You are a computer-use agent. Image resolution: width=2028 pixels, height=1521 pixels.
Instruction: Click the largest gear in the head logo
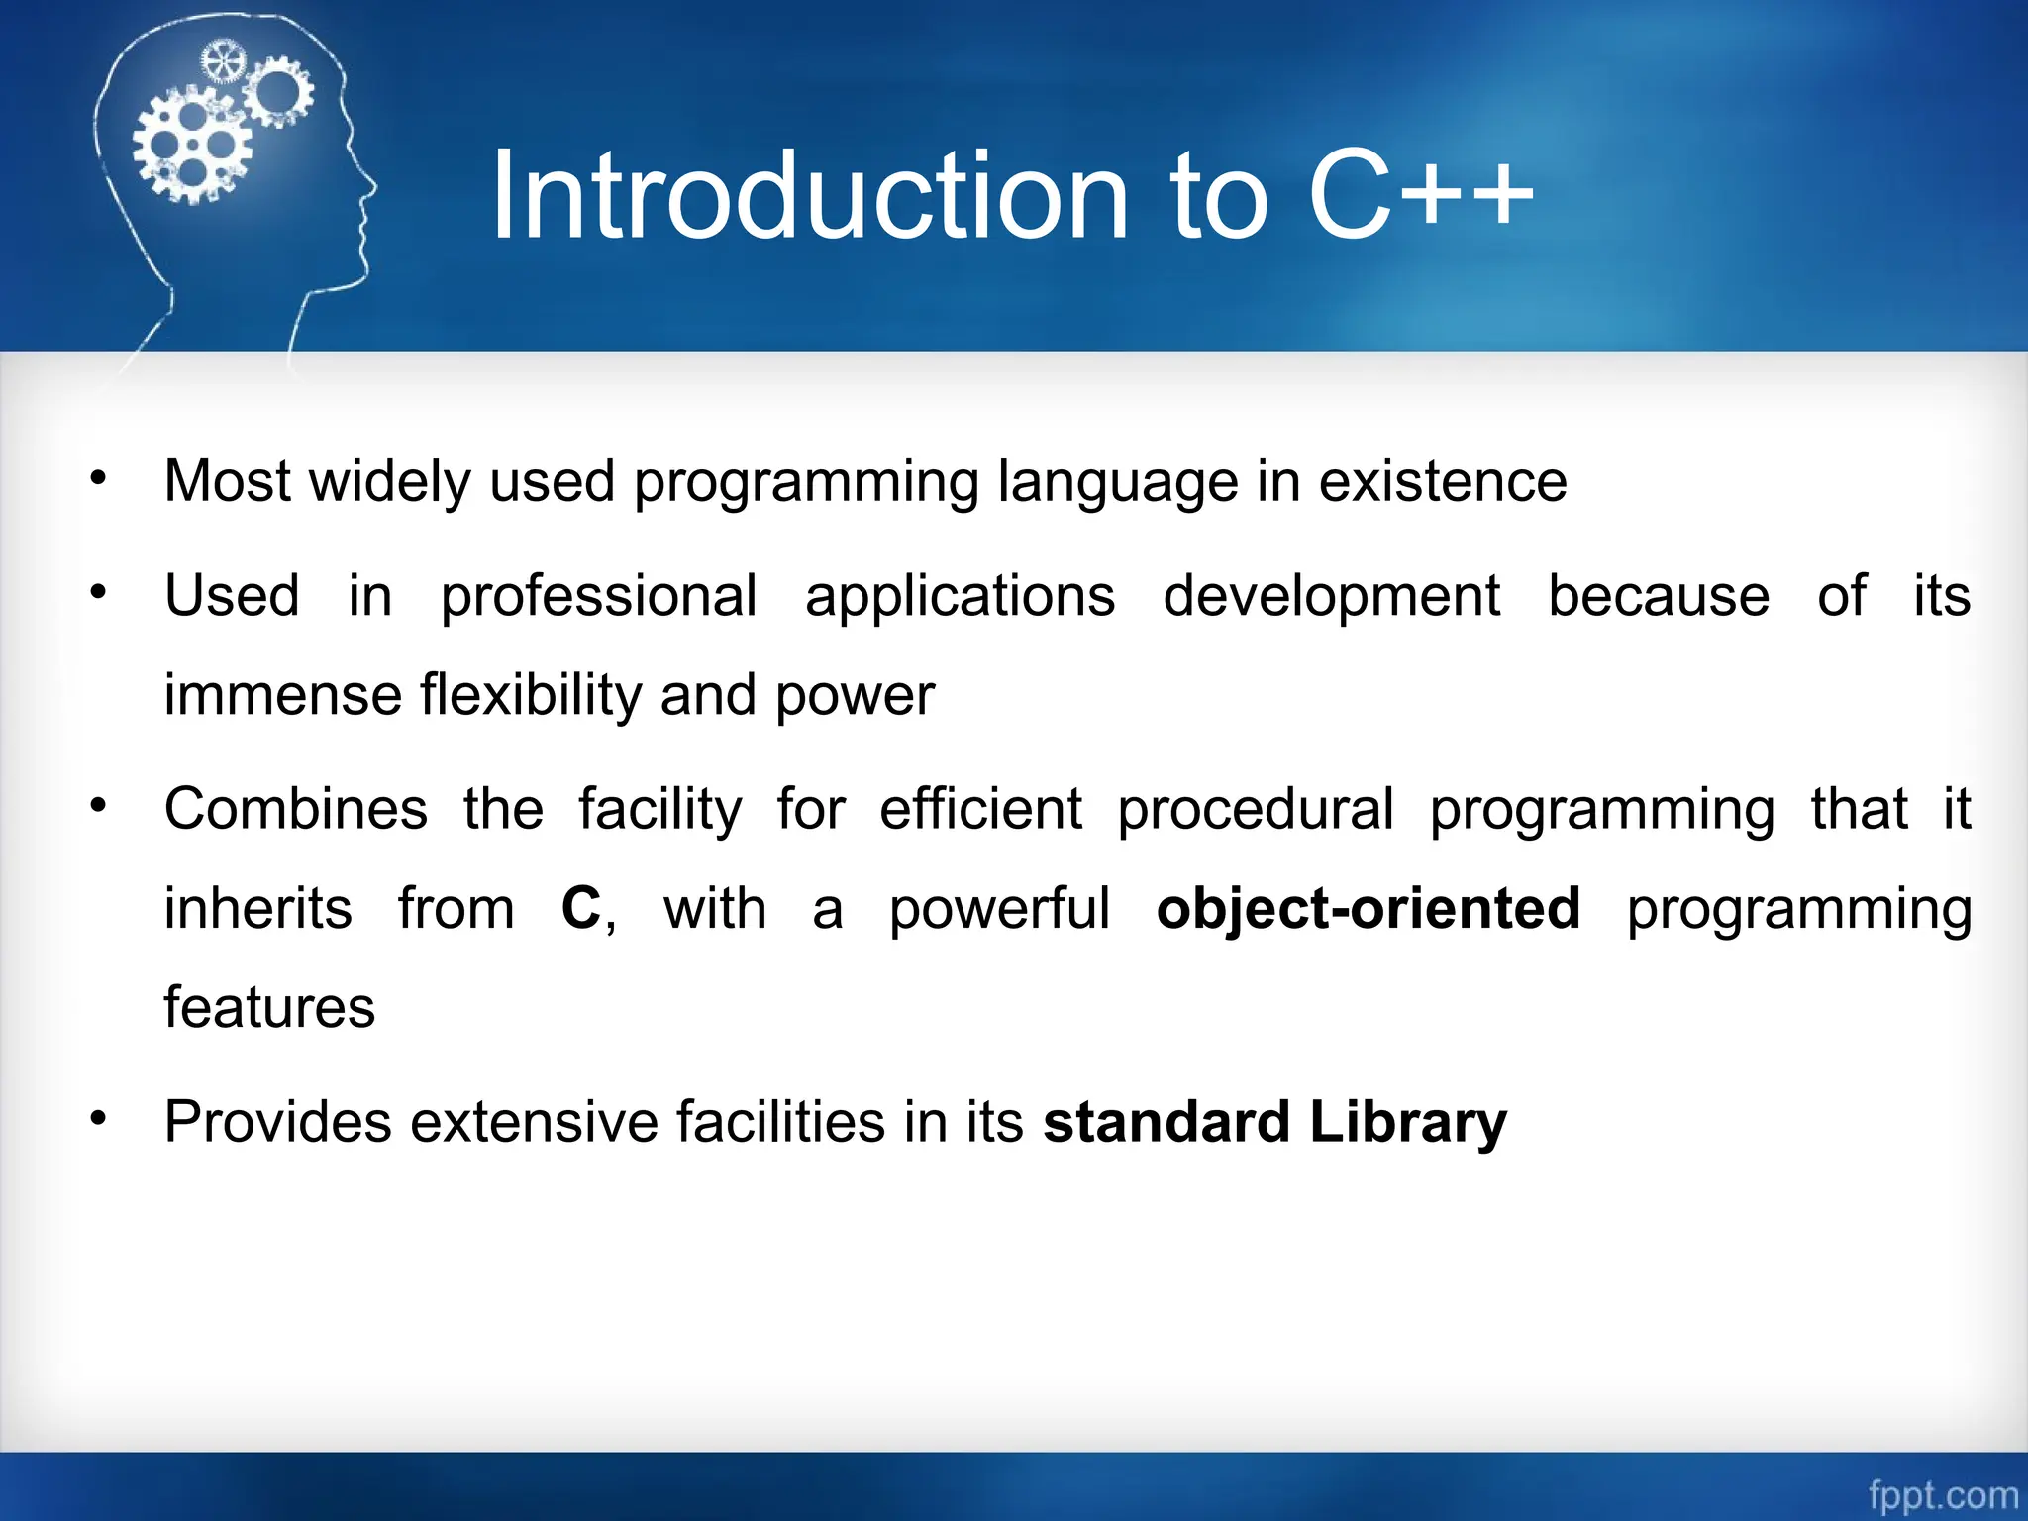pyautogui.click(x=192, y=146)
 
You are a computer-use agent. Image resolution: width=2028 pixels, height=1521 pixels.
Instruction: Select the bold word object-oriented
pyautogui.click(x=1368, y=909)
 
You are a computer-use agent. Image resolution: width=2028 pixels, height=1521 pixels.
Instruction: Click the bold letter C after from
pyautogui.click(x=581, y=909)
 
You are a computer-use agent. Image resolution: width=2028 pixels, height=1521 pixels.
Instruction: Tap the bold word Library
pyautogui.click(x=1407, y=1123)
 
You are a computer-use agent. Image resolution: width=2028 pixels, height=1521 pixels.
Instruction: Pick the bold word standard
pyautogui.click(x=1166, y=1123)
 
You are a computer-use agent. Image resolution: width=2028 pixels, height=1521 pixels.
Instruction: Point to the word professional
pyautogui.click(x=598, y=597)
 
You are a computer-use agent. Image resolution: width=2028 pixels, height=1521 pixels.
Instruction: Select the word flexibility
pyautogui.click(x=531, y=695)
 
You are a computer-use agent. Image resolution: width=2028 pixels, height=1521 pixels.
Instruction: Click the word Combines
pyautogui.click(x=295, y=809)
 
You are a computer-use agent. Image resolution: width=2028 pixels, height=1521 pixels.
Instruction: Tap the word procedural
pyautogui.click(x=1255, y=809)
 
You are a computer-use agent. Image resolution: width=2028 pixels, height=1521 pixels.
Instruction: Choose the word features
pyautogui.click(x=269, y=1008)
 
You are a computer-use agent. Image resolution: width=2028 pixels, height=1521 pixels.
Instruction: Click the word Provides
pyautogui.click(x=277, y=1123)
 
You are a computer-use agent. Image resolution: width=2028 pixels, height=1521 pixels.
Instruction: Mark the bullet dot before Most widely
pyautogui.click(x=97, y=479)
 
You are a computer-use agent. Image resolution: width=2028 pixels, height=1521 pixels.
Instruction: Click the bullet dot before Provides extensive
pyautogui.click(x=97, y=1119)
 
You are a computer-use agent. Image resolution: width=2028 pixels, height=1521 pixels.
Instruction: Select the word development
pyautogui.click(x=1331, y=597)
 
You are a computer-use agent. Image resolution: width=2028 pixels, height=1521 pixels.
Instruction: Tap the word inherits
pyautogui.click(x=257, y=909)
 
